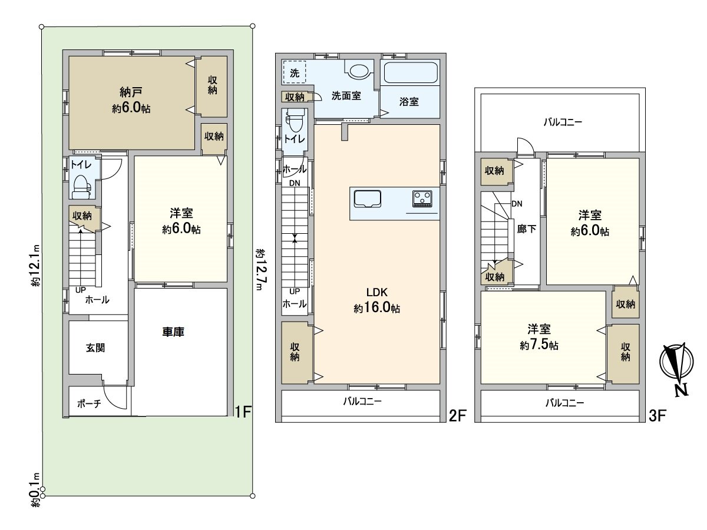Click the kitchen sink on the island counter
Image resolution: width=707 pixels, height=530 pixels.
368,199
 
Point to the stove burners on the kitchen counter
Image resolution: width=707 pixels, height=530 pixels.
422,198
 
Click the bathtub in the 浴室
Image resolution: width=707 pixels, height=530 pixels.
410,73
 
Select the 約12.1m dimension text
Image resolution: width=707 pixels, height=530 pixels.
35,265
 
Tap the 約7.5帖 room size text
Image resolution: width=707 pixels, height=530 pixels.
539,346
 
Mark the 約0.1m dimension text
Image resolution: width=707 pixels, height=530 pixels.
35,489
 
